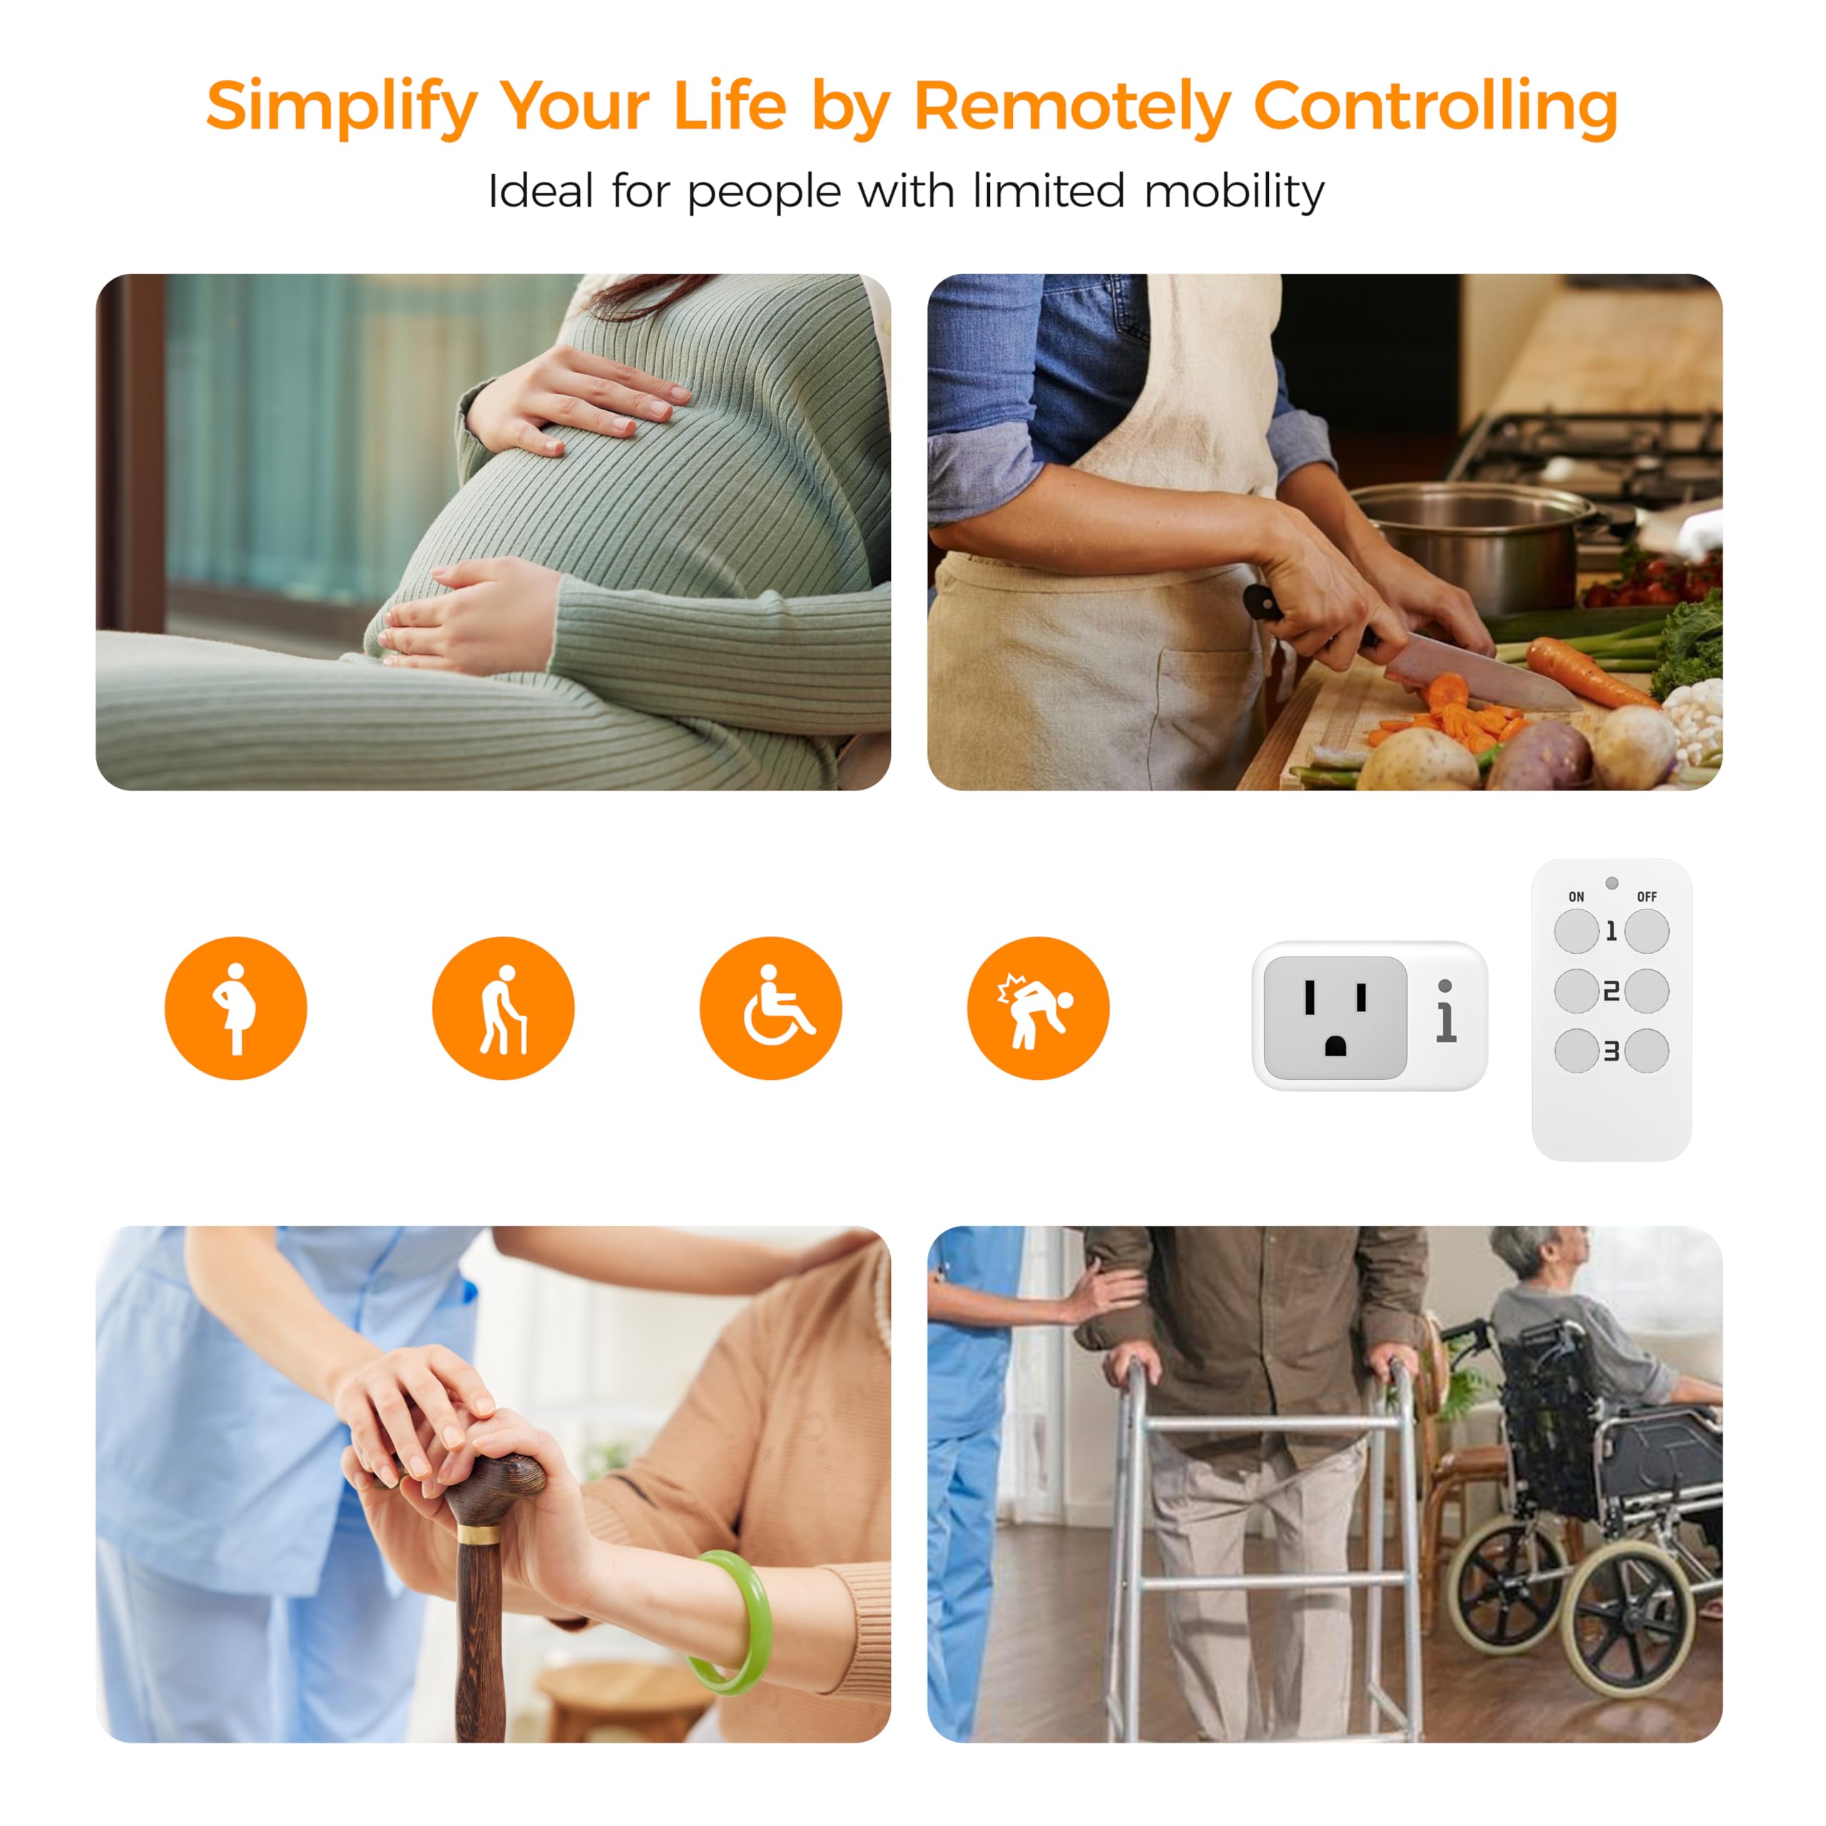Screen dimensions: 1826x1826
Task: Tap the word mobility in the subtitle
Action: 1235,191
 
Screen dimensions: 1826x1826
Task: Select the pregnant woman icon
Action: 235,1008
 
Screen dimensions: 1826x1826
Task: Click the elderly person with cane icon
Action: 503,1008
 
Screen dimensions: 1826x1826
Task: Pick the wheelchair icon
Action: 770,1008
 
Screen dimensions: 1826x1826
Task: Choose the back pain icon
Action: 1038,1008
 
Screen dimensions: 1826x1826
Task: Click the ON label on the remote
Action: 1576,896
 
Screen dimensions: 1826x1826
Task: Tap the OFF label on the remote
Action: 1646,896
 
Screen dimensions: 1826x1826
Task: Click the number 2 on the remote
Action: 1611,991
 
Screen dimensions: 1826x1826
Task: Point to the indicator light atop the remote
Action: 1611,883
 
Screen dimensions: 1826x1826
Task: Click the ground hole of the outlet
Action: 1335,1046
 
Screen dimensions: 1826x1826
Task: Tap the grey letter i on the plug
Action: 1445,1011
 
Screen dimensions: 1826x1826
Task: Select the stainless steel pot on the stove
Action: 1474,544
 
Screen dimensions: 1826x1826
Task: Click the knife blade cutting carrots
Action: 1479,671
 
